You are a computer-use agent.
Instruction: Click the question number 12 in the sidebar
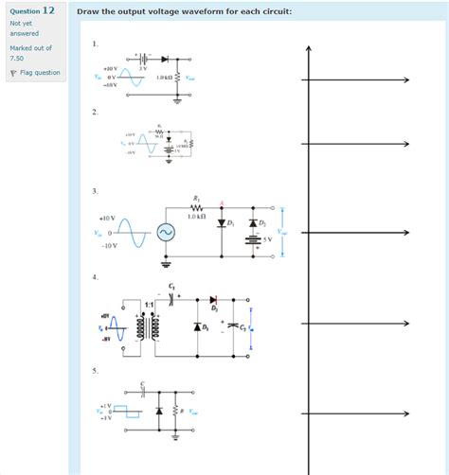point(48,10)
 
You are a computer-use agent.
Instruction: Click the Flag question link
point(39,72)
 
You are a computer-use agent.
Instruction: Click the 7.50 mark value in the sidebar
point(19,57)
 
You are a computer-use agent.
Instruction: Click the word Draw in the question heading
point(88,11)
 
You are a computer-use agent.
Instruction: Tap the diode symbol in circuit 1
point(166,59)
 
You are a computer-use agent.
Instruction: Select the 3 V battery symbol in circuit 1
point(144,59)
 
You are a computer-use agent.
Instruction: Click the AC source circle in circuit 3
point(166,232)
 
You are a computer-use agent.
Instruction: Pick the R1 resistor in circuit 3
point(196,207)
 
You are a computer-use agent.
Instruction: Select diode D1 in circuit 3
point(222,224)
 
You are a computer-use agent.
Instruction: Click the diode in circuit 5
point(158,412)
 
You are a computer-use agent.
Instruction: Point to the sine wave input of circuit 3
point(134,231)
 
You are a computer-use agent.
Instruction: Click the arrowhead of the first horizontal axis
point(405,80)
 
